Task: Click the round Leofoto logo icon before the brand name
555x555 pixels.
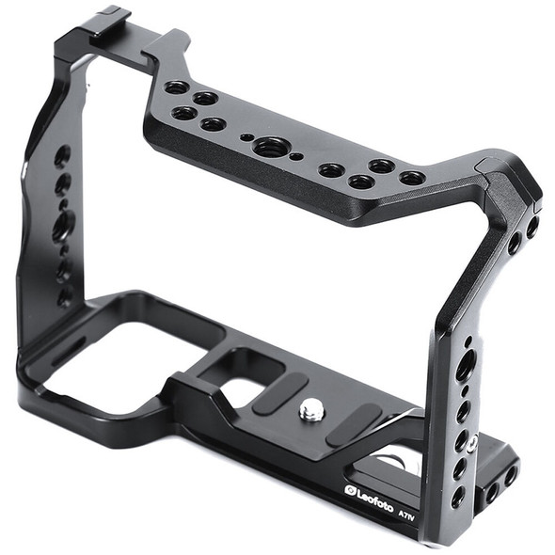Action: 350,490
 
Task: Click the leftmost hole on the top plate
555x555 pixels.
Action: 176,87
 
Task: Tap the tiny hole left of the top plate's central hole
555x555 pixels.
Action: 246,137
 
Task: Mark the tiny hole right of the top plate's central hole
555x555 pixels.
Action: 297,156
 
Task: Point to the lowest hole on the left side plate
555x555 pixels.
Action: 66,296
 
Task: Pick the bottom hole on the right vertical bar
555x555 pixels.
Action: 457,498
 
